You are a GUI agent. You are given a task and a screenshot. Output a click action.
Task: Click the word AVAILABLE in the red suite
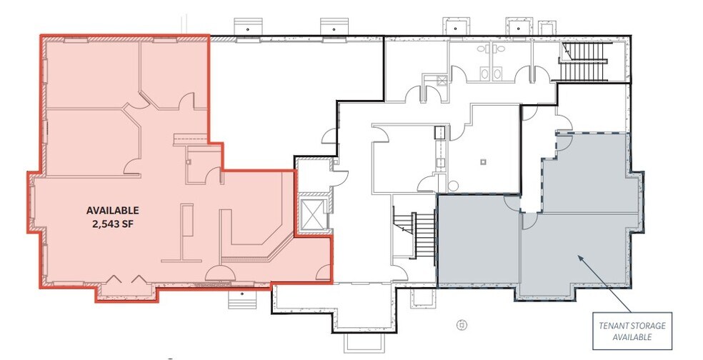[113, 210]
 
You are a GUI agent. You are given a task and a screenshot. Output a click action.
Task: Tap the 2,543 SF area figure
[112, 224]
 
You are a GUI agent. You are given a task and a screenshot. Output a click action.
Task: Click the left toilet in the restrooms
[484, 74]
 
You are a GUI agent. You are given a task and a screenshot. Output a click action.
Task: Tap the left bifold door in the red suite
[113, 279]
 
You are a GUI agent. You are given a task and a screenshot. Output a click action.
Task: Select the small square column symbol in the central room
[483, 162]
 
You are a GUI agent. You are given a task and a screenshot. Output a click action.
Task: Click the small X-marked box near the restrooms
[442, 81]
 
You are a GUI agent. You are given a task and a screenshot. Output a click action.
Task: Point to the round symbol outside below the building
[462, 325]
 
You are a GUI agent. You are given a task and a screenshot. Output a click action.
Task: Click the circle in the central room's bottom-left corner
[453, 186]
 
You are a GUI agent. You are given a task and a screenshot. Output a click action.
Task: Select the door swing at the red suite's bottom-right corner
[323, 273]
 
